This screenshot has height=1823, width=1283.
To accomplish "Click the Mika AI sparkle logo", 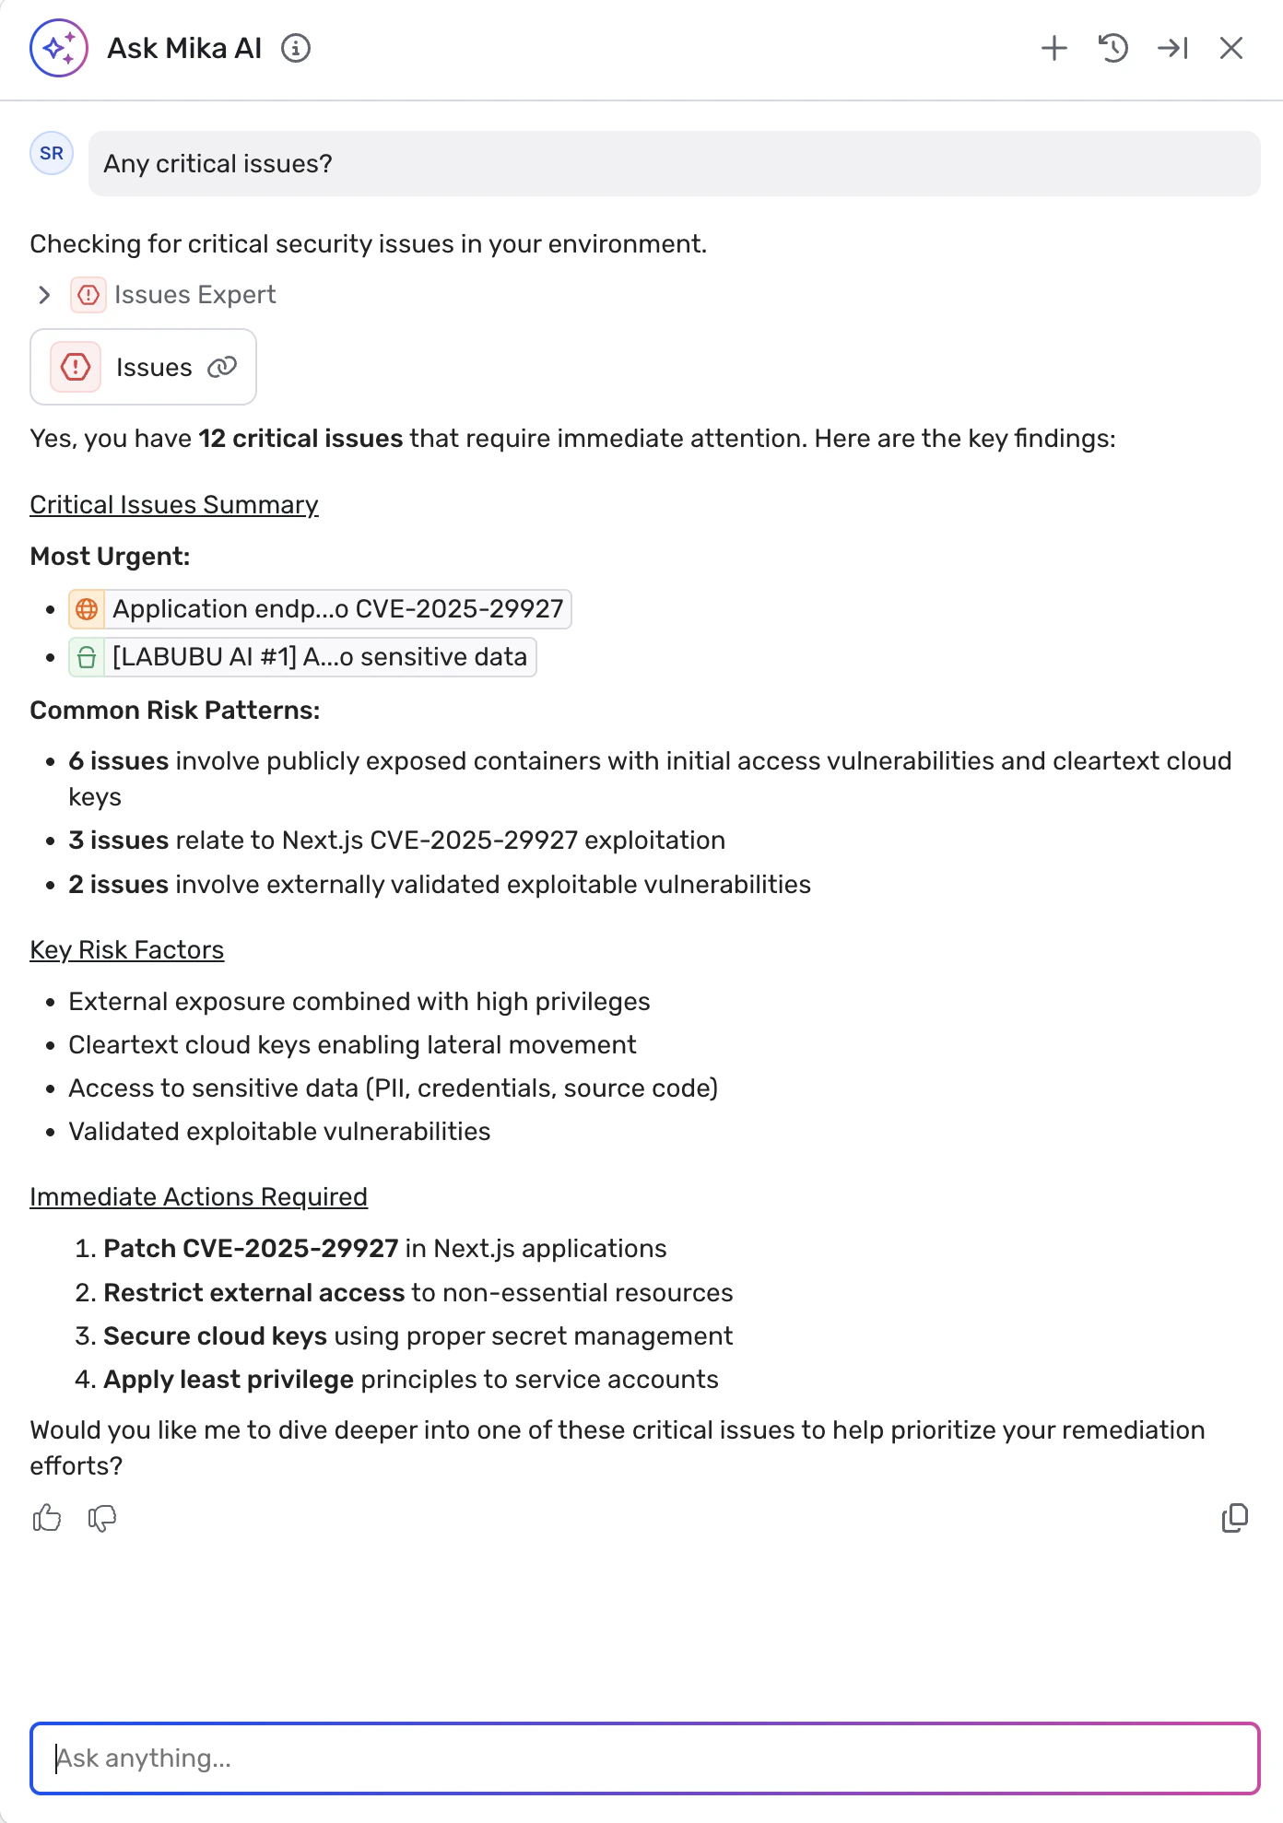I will click(x=59, y=48).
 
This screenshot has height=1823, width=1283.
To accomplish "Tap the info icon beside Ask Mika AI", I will click(x=296, y=48).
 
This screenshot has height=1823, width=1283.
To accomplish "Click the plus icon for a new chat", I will click(x=1054, y=48).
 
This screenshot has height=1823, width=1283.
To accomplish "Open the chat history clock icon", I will click(x=1113, y=48).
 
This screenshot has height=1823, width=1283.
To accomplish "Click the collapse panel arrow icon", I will click(x=1172, y=48).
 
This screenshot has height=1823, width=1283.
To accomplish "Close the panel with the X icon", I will click(x=1231, y=48).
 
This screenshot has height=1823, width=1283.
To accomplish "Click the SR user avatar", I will click(x=52, y=153).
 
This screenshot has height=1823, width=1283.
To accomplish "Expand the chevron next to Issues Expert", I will click(x=44, y=295).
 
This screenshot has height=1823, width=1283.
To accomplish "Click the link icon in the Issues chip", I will click(x=222, y=367).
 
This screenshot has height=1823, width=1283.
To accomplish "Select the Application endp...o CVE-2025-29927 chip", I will click(x=320, y=609).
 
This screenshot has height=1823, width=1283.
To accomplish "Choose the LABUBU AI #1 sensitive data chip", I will click(x=302, y=657).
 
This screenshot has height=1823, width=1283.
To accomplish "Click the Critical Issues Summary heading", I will click(x=174, y=505).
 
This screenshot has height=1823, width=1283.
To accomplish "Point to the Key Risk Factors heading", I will click(x=127, y=950).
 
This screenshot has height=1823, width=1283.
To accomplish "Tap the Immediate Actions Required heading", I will click(x=199, y=1197).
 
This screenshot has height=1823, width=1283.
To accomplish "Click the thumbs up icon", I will click(x=47, y=1518).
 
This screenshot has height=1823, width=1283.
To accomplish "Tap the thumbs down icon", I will click(x=102, y=1518).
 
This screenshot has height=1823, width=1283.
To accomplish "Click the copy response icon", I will click(x=1234, y=1518).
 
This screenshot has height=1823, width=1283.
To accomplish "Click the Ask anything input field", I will click(x=645, y=1758).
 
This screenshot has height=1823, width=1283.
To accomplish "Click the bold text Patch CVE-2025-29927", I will click(x=251, y=1249).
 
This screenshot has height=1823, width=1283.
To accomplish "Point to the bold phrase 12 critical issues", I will click(x=300, y=439).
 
